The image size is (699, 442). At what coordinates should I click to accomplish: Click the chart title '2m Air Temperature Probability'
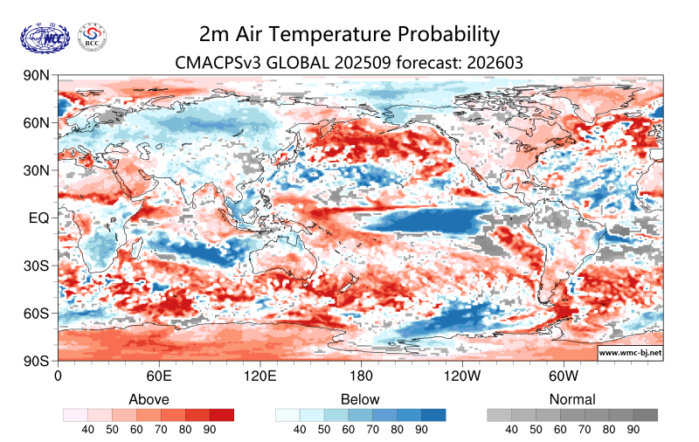[349, 34]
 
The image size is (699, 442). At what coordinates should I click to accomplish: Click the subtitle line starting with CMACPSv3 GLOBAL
[349, 63]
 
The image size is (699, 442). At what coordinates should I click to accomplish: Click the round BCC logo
[93, 37]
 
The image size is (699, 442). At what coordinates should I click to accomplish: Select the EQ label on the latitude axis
[38, 218]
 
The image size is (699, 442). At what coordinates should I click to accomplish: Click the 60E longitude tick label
[158, 376]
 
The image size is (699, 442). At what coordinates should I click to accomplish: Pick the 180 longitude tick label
[361, 376]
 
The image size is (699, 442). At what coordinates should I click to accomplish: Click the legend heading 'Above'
[149, 399]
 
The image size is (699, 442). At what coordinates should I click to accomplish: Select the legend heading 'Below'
[360, 399]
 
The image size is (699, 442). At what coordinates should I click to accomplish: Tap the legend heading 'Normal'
[572, 399]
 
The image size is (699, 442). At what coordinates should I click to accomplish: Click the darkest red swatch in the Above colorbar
[222, 415]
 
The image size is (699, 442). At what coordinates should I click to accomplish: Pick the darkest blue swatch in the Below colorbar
[433, 415]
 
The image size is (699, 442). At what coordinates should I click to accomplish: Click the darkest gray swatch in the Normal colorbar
[646, 415]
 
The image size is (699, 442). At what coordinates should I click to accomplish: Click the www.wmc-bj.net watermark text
[629, 353]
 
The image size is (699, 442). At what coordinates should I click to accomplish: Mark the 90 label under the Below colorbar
[421, 430]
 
